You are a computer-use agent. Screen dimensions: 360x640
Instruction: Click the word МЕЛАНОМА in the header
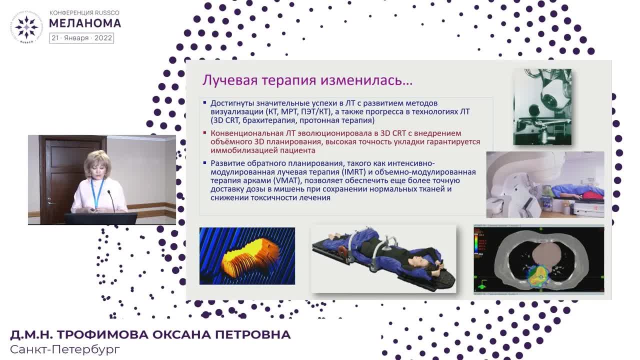coord(85,23)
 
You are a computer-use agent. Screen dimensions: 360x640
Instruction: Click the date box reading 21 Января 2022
coord(81,38)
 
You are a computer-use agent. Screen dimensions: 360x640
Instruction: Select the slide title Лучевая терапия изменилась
coord(307,80)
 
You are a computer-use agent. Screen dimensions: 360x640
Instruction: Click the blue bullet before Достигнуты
coord(204,103)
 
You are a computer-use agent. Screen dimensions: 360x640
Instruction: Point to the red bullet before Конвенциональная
coord(204,133)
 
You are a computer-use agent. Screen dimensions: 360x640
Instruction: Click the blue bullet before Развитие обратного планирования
coord(204,162)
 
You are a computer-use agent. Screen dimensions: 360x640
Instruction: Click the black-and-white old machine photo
coord(542,107)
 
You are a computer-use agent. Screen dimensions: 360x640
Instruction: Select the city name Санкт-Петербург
coord(65,349)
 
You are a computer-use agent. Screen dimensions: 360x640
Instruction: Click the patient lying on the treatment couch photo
coord(575,192)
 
